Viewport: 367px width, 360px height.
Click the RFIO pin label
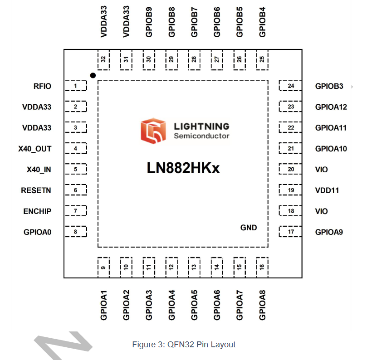(42, 86)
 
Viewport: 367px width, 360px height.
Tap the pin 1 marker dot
(93, 75)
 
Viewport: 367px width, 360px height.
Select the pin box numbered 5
(76, 170)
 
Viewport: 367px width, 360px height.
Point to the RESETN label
(36, 190)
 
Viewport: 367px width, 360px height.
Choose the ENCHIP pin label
(37, 211)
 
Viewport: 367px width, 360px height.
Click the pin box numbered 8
(76, 232)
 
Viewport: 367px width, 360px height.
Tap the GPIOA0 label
(37, 232)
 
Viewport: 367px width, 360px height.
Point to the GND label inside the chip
(249, 228)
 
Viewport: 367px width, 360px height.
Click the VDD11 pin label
(327, 190)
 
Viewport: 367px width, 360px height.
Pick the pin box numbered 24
(291, 86)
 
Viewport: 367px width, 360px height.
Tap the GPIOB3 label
(329, 86)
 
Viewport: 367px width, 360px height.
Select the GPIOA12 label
(331, 107)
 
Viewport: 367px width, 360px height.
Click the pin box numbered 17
(291, 232)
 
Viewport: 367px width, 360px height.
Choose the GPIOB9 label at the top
(149, 22)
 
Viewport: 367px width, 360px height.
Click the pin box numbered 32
(103, 59)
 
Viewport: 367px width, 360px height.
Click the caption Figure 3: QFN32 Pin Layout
(184, 345)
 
